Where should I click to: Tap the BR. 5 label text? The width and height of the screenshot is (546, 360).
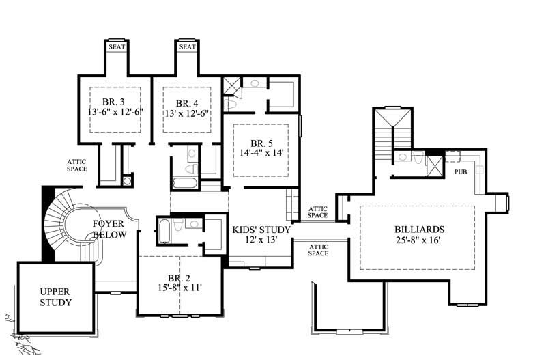pos(261,143)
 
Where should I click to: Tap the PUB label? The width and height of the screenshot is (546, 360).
pos(461,172)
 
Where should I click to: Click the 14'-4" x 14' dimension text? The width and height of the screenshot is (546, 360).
pos(261,154)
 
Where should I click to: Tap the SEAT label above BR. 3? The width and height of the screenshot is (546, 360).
pos(115,47)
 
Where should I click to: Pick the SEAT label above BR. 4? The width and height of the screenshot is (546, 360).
pos(186,47)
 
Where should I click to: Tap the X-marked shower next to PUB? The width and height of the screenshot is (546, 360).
pos(434,166)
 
